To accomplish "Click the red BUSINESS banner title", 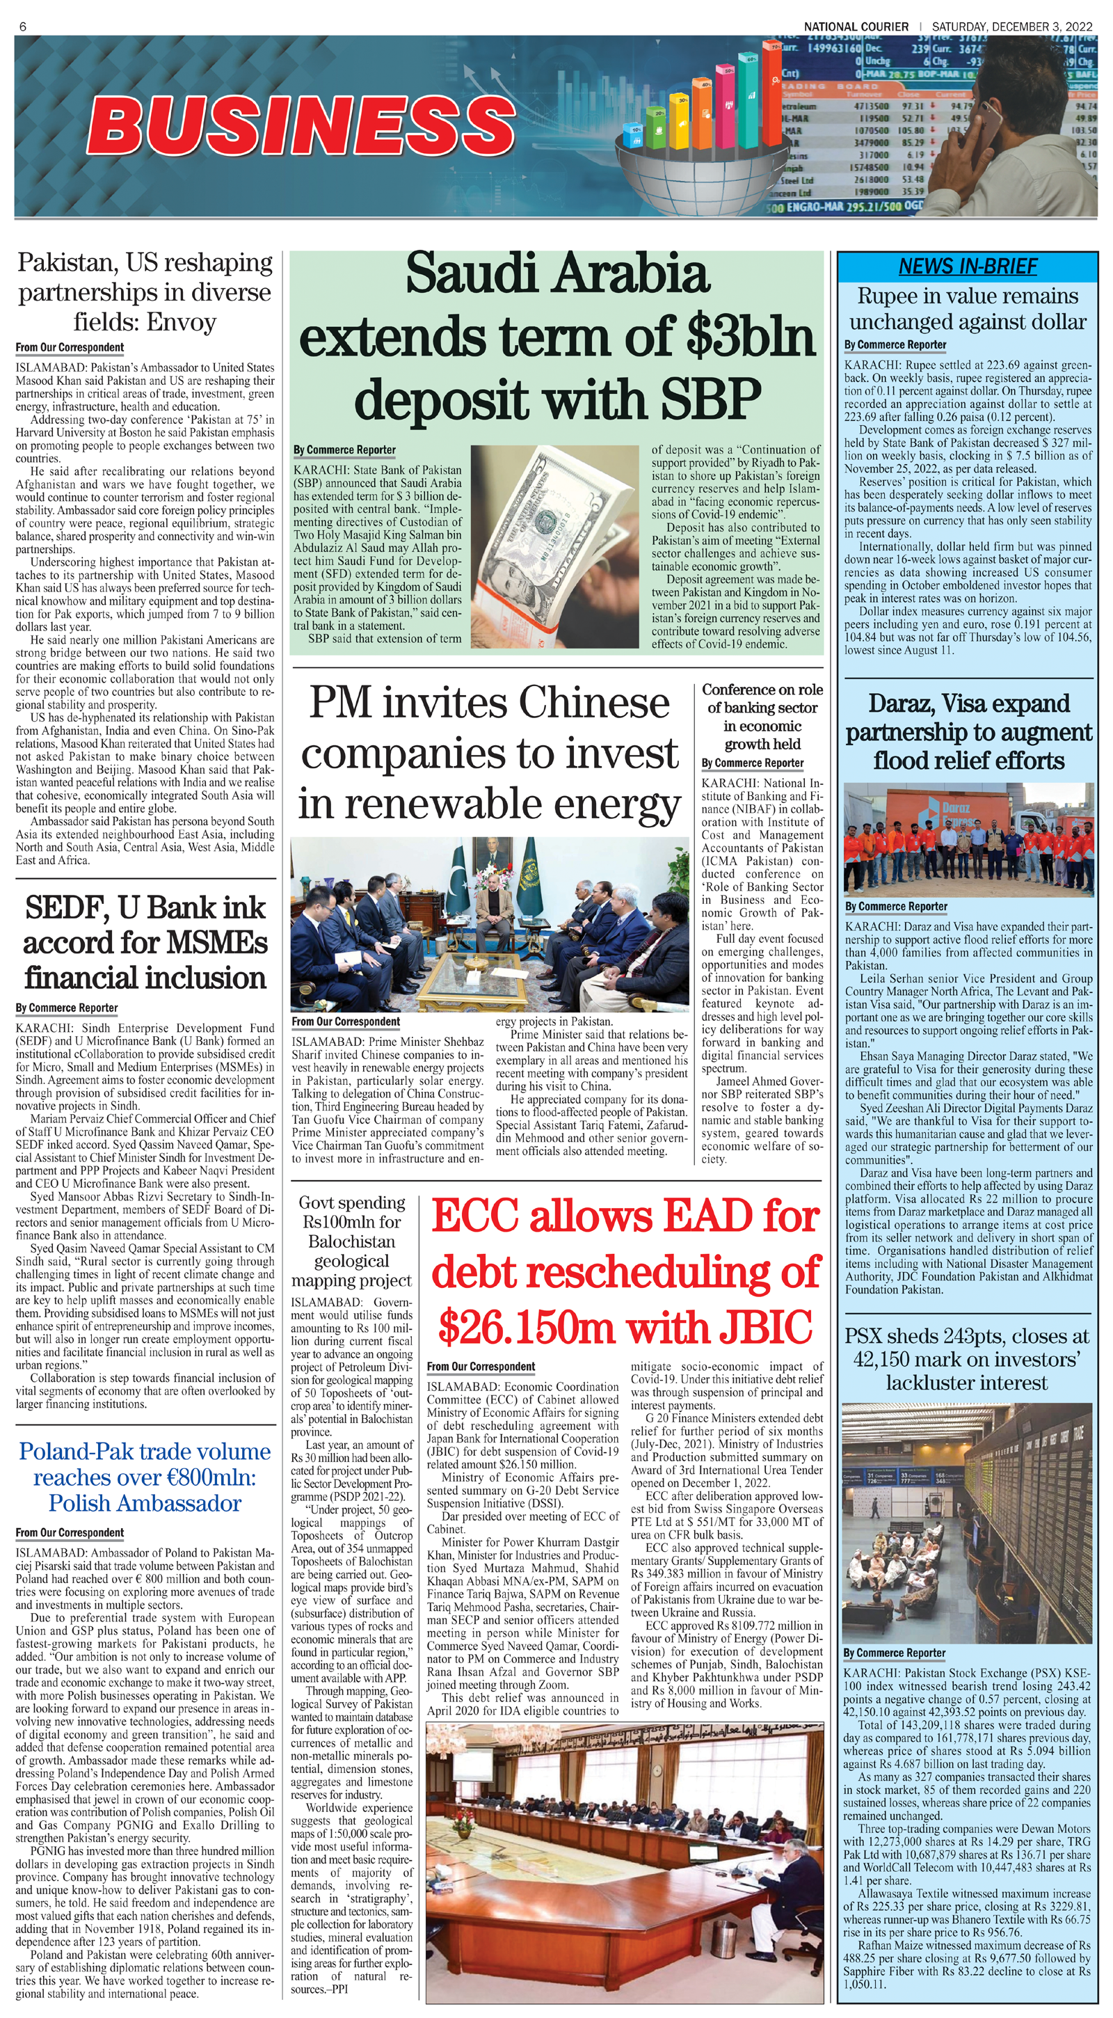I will click(x=301, y=125).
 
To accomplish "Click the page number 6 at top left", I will click(x=23, y=26).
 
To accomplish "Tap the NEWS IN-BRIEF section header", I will click(x=968, y=267).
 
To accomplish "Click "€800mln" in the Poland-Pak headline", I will click(x=204, y=1477).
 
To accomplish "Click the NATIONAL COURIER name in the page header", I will click(x=856, y=26).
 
